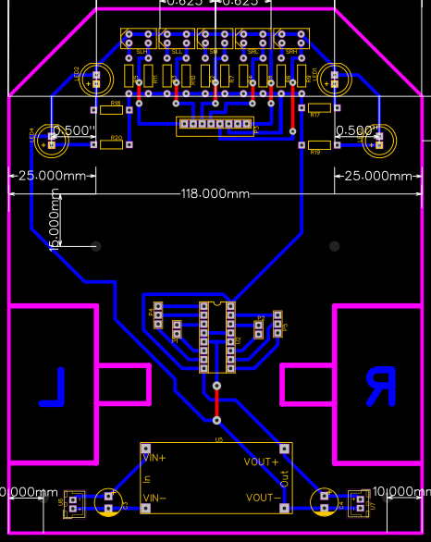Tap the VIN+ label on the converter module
point(154,457)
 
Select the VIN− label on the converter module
point(154,499)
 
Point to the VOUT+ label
point(260,462)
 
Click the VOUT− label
point(260,498)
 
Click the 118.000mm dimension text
point(215,193)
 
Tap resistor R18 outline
point(112,110)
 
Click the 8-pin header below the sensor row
point(215,124)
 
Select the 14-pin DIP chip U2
point(216,337)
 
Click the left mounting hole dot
point(96,246)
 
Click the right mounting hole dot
point(335,246)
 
